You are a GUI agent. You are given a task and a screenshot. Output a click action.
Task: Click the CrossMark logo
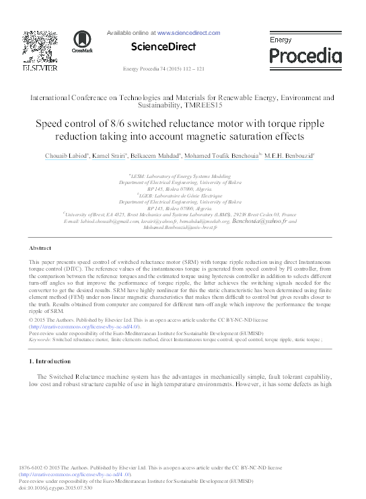[81, 40]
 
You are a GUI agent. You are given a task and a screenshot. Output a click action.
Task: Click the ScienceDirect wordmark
[163, 47]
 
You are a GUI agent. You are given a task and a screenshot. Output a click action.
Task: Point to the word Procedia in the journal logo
[305, 55]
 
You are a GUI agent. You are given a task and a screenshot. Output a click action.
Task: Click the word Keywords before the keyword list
[40, 340]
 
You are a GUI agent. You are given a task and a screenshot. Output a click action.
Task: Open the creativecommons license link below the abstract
[83, 326]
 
